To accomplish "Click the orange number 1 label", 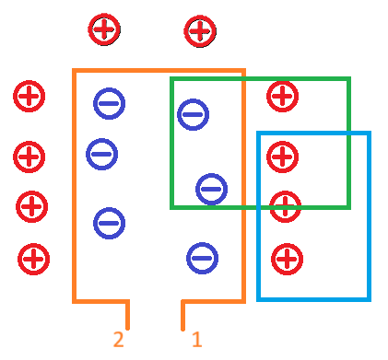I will [196, 340].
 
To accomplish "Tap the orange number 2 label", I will [118, 340].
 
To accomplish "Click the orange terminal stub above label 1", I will [183, 315].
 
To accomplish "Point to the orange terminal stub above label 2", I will [127, 315].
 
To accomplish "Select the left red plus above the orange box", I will [103, 29].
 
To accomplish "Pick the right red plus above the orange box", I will [199, 30].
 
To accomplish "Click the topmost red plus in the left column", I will [29, 96].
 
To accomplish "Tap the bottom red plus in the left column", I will [33, 259].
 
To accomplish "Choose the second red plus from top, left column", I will [29, 157].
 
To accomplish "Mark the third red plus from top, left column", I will [31, 206].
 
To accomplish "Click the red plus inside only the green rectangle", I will [282, 96].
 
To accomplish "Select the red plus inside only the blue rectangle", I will [287, 259].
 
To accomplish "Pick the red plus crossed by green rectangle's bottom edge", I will [286, 206].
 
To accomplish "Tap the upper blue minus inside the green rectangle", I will [193, 114].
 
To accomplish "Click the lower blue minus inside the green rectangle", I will [211, 189].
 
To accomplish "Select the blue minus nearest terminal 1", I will [202, 258].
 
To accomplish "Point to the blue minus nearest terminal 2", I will [109, 223].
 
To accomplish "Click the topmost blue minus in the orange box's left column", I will [109, 103].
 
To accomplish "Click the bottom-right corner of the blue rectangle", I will [369, 298].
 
